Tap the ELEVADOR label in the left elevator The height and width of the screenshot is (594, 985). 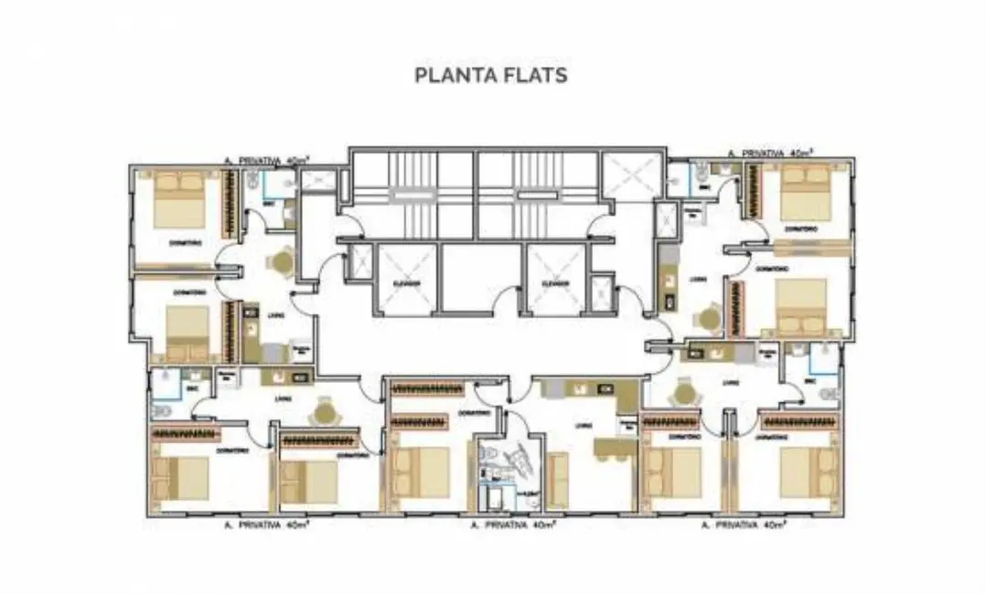[407, 283]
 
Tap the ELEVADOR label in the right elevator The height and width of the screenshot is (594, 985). [555, 283]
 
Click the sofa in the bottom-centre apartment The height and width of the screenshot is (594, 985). [558, 479]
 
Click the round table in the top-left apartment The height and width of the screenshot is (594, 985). [282, 263]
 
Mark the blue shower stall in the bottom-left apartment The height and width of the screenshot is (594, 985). [166, 386]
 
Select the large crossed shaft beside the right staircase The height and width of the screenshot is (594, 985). [631, 175]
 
